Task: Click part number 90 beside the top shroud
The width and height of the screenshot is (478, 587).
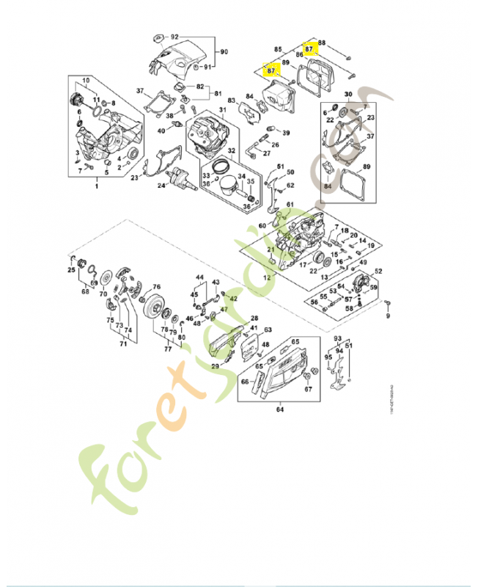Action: [x=225, y=51]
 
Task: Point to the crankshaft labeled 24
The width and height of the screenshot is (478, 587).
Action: [x=180, y=178]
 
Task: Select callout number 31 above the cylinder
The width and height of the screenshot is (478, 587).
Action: [x=222, y=111]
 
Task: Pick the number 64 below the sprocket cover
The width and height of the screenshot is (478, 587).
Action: [x=279, y=409]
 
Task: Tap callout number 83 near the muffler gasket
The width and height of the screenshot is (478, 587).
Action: [x=231, y=100]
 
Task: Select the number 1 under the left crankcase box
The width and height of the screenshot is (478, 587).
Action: [x=96, y=188]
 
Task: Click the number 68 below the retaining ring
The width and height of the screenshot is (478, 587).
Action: [x=86, y=292]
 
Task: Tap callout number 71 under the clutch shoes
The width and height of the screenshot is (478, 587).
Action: [x=113, y=342]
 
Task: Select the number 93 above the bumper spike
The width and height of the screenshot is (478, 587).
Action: [x=338, y=338]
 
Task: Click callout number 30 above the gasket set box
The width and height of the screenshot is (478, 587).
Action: [x=348, y=93]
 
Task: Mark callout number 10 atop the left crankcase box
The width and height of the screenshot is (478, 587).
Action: [x=86, y=80]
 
